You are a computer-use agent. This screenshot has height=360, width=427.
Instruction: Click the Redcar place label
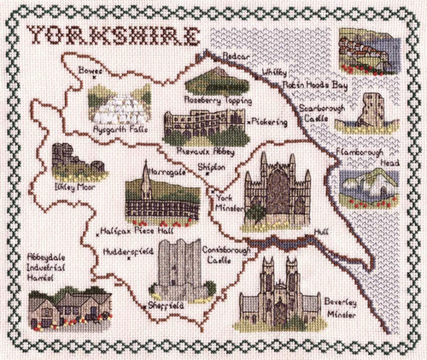(231, 55)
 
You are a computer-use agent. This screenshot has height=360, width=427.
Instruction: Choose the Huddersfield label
(127, 253)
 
